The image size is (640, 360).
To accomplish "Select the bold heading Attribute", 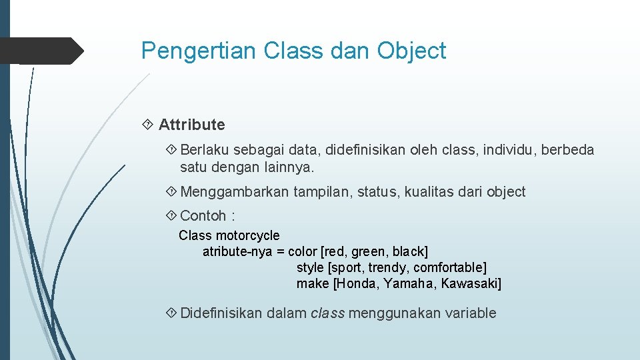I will click(191, 125).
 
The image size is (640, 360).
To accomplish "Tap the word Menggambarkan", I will click(235, 192).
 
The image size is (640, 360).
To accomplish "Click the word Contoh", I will click(203, 216).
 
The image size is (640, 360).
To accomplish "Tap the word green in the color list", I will click(368, 251).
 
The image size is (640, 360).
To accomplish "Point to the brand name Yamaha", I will click(409, 283).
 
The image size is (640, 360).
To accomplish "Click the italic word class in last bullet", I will click(327, 313).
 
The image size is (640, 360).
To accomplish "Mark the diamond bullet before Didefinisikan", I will click(171, 313).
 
